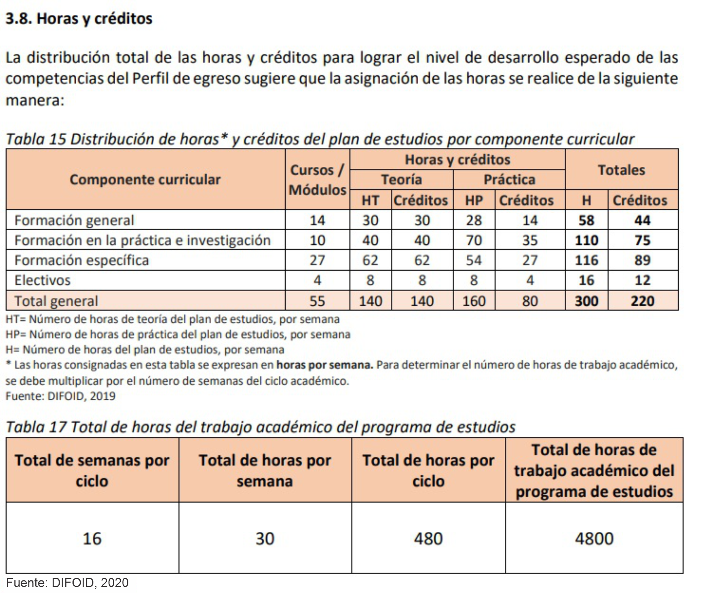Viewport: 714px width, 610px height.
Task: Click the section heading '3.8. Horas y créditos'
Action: pos(79,19)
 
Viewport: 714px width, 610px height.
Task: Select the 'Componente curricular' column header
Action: pos(145,179)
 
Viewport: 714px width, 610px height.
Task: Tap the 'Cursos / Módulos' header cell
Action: pos(317,179)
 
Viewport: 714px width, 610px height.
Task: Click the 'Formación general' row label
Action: pos(74,220)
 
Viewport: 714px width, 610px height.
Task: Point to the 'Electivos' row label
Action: pos(43,280)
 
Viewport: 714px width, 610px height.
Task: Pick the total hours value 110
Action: pos(586,240)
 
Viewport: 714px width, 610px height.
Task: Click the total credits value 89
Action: pos(642,260)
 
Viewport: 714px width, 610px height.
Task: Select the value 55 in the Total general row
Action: pos(317,301)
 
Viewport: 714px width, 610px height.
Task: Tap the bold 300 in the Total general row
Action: pos(586,301)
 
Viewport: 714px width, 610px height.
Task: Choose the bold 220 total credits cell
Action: pos(642,301)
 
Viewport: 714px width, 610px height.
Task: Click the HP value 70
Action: pos(474,240)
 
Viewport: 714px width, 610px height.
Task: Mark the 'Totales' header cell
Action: pos(621,170)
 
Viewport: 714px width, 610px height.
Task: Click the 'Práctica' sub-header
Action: pos(509,179)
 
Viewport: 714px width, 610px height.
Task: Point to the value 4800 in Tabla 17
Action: pos(594,539)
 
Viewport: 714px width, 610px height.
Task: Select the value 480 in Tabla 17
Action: pos(428,539)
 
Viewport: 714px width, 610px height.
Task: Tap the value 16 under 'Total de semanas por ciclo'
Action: pos(92,539)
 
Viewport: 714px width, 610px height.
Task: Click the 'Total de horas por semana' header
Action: pos(265,471)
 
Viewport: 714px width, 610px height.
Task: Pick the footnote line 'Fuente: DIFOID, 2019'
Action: pos(60,396)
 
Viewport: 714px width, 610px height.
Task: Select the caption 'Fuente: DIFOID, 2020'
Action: pos(67,583)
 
